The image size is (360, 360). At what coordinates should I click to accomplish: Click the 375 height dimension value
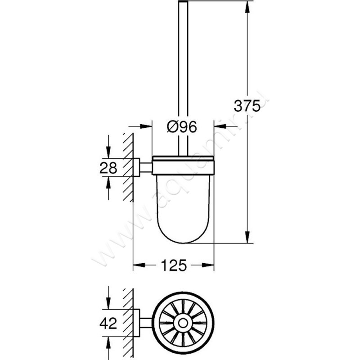pos(247,106)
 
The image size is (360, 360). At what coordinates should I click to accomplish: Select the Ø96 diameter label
pos(182,127)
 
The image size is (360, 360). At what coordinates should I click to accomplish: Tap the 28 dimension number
pos(108,167)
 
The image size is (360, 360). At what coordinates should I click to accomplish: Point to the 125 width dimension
pos(173,265)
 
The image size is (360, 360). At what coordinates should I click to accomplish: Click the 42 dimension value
pos(108,323)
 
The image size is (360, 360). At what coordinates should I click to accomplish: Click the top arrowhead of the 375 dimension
pos(247,5)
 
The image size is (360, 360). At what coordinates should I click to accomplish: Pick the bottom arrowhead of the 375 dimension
pos(247,238)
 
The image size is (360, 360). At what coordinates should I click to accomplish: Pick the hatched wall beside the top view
pos(128,323)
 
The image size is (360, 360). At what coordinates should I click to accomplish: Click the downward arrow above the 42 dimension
pos(108,303)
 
